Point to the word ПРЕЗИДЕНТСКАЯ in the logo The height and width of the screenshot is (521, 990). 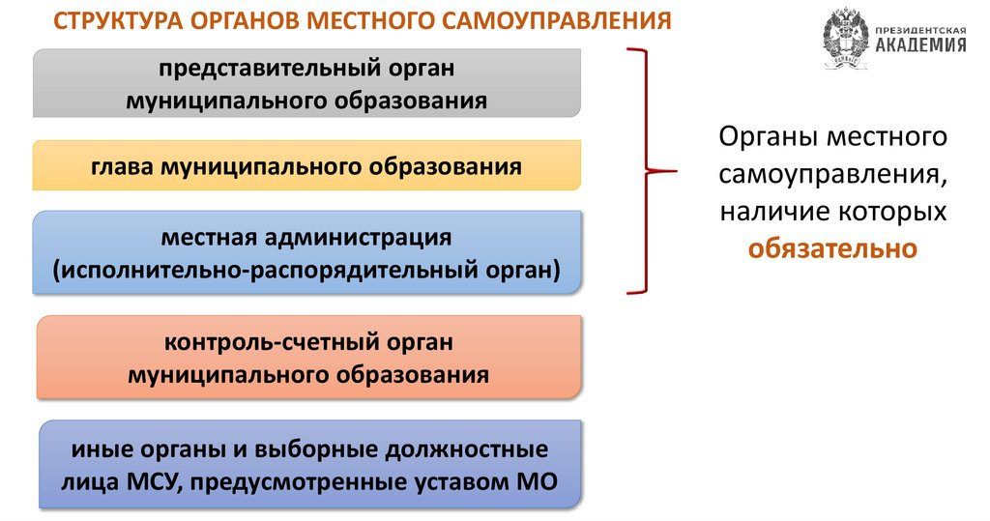920,30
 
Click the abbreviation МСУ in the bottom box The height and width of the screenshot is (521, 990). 148,480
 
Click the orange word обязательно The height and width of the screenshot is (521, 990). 832,248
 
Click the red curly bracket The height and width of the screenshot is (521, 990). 643,172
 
